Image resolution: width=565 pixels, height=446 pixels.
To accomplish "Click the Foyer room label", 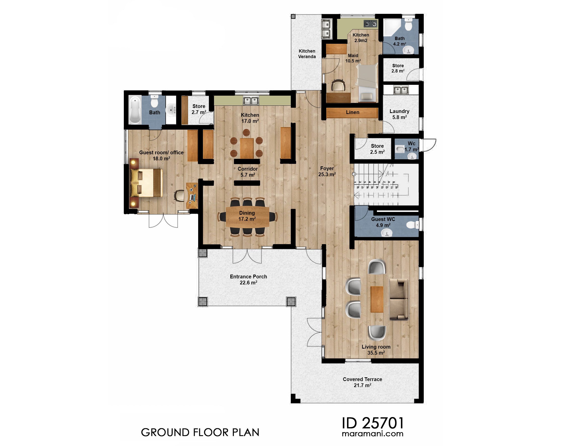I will tap(327, 169).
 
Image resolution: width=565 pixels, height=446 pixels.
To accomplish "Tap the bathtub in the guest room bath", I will tap(135, 110).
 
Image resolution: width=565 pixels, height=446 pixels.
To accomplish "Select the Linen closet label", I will tap(352, 112).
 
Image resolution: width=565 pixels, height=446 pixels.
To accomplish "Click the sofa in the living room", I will tap(399, 299).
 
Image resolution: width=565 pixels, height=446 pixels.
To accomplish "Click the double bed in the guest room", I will tap(146, 183).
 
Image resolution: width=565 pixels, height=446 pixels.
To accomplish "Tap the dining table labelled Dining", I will tap(247, 216).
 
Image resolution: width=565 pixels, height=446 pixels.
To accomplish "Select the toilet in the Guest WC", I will tap(412, 225).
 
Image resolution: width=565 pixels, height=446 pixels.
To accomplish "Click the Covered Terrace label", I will tap(362, 379).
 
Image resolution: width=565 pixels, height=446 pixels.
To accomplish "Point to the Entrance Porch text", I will tap(248, 277).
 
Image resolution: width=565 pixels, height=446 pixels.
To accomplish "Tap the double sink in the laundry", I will tap(401, 90).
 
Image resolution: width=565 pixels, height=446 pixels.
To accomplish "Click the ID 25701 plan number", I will tap(373, 423).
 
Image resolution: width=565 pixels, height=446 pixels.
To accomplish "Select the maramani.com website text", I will tap(372, 434).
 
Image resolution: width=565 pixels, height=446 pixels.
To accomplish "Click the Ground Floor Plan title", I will tap(200, 432).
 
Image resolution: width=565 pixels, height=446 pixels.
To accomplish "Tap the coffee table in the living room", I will tap(377, 299).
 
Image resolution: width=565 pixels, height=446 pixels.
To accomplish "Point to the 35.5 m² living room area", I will tap(376, 353).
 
